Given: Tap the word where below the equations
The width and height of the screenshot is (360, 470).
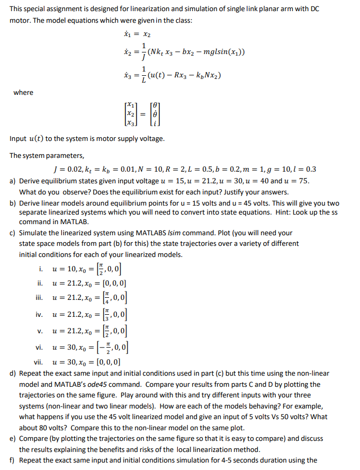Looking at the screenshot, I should coord(23,93).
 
